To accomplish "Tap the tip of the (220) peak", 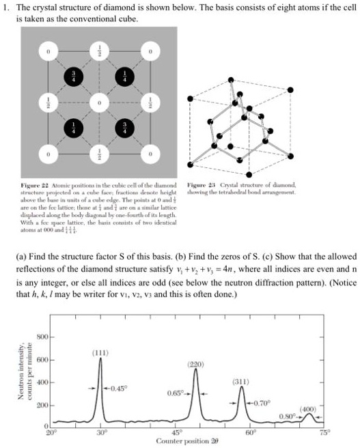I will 196,369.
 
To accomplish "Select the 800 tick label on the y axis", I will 42,338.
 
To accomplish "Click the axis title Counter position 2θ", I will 187,442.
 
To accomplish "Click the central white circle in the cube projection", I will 98,103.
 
